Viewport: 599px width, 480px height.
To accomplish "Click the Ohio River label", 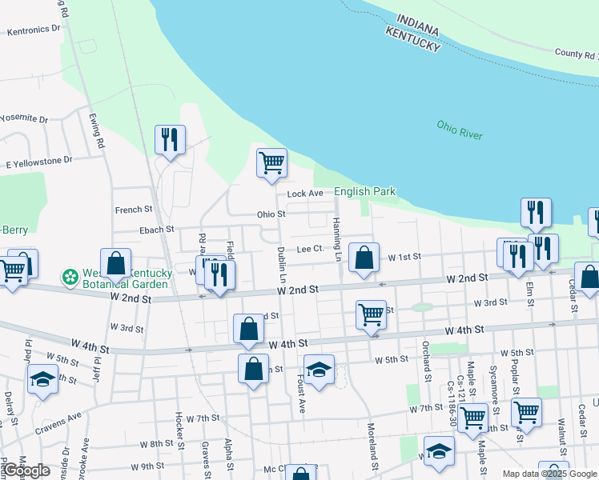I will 460,130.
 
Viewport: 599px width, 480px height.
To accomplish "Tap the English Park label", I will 364,192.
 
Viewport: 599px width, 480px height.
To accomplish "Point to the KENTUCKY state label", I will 413,38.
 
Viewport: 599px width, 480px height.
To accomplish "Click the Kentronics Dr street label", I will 34,30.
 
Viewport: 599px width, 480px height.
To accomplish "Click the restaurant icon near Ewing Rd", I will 170,139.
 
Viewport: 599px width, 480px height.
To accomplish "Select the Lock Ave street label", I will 305,194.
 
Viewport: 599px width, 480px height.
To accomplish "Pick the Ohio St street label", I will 271,214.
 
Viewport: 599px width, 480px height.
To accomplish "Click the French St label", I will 133,210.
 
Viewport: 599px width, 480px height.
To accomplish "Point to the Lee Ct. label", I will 310,249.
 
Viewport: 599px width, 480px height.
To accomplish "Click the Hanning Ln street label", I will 337,240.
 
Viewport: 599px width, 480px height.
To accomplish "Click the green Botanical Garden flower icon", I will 70,278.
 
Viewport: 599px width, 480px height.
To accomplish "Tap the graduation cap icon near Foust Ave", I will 319,370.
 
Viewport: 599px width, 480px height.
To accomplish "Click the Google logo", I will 27,471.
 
